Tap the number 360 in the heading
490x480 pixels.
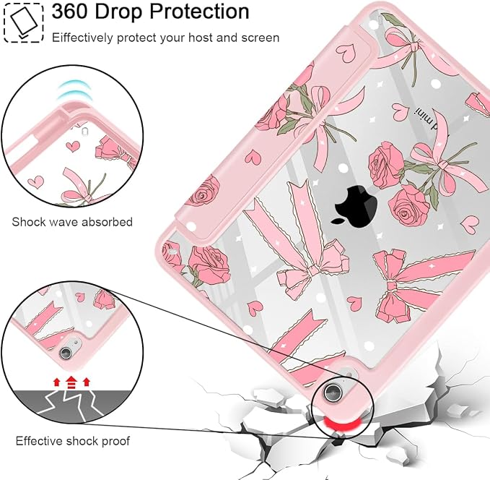pos(70,12)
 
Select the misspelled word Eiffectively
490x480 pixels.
pos(82,38)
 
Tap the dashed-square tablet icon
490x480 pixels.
pos(24,23)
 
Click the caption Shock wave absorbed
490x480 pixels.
pos(72,222)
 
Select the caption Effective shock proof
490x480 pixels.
pos(72,441)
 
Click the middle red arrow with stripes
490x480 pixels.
pos(71,382)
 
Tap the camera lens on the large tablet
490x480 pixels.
pos(332,392)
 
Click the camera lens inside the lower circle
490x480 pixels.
pos(66,353)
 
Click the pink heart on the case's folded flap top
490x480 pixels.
pos(346,51)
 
